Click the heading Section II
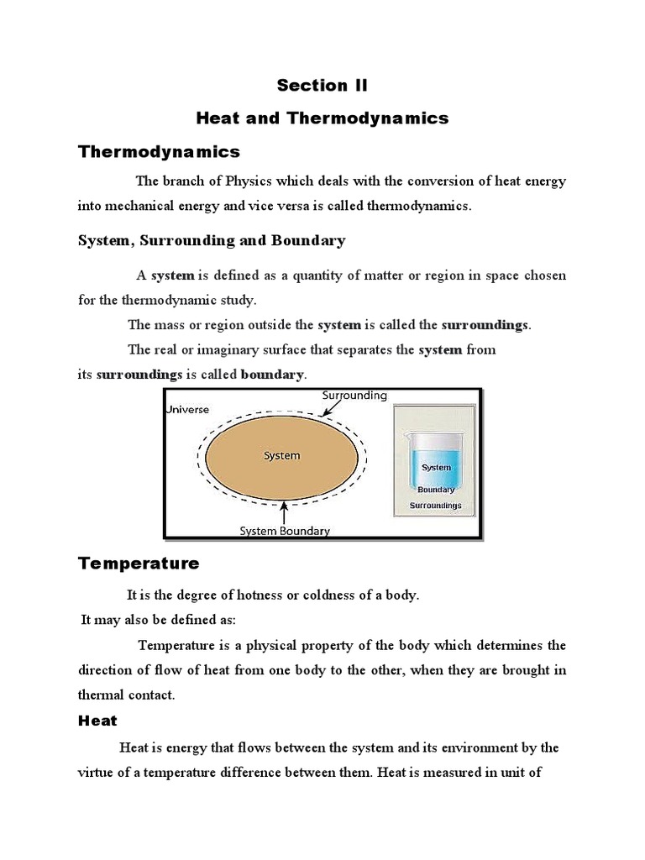click(322, 85)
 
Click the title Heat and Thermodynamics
click(322, 118)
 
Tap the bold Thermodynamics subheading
click(159, 152)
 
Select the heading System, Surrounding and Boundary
click(212, 241)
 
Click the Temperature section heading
click(139, 563)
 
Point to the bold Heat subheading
click(97, 721)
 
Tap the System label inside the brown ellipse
click(281, 456)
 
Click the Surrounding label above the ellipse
click(354, 395)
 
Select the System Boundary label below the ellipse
click(285, 531)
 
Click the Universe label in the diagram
click(187, 409)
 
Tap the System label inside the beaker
click(436, 467)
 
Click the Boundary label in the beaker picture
click(436, 490)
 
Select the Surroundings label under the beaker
click(435, 506)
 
